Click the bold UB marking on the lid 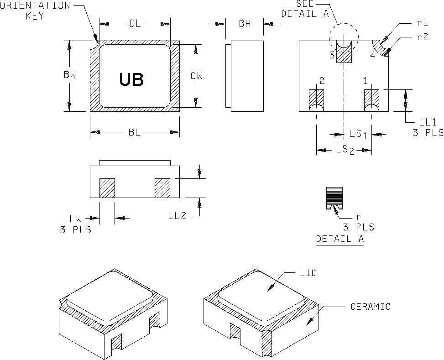131,79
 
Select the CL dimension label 135,24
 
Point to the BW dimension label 70,76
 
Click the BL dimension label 134,132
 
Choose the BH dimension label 245,24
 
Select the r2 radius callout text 423,37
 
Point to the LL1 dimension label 428,122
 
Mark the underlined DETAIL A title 340,239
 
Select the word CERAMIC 370,307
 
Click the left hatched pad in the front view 107,188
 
